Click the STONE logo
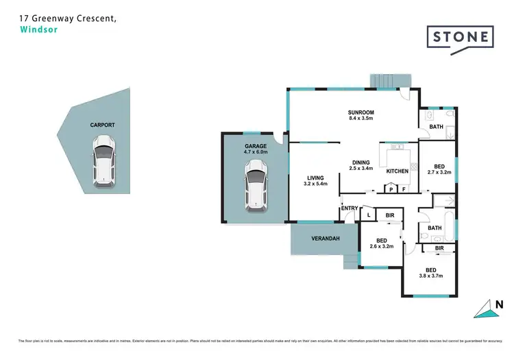tap(460, 37)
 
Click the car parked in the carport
tap(103, 160)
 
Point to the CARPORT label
tap(102, 125)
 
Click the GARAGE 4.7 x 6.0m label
tap(256, 149)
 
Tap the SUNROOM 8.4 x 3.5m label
tap(360, 115)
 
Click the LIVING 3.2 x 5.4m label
tap(315, 180)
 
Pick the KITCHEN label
tap(397, 171)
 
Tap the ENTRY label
tap(350, 208)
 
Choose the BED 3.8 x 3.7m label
tap(431, 273)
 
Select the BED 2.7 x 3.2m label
tap(440, 169)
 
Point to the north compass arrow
tap(487, 309)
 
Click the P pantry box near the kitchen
tap(391, 189)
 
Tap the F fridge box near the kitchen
tap(404, 189)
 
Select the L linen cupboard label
tap(368, 215)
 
